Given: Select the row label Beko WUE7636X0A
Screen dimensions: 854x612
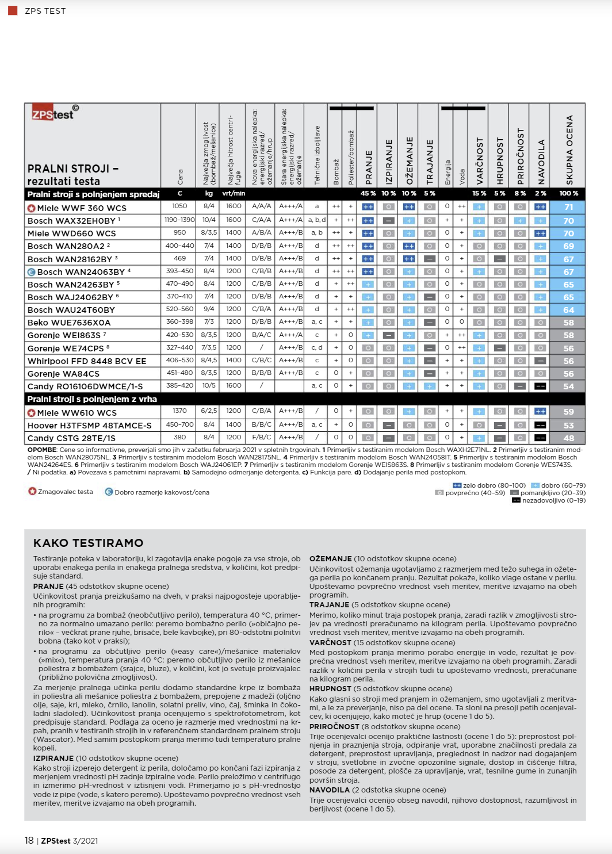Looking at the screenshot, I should pyautogui.click(x=69, y=323).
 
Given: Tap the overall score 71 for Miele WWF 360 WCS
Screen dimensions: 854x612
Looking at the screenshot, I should pyautogui.click(x=568, y=208).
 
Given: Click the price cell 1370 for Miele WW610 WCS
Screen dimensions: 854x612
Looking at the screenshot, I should pyautogui.click(x=179, y=411).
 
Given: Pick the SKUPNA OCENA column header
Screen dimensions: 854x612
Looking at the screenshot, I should pyautogui.click(x=569, y=150).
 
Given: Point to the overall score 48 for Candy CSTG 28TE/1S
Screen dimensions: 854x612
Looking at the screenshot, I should pyautogui.click(x=568, y=438).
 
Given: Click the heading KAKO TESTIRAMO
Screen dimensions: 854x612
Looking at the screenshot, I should pyautogui.click(x=89, y=543).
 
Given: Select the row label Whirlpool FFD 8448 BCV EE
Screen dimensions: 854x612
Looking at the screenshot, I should pyautogui.click(x=87, y=361).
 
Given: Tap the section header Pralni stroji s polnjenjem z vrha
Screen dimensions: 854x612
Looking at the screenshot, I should pyautogui.click(x=92, y=399).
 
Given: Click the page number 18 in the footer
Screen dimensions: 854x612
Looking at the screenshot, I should pyautogui.click(x=29, y=841).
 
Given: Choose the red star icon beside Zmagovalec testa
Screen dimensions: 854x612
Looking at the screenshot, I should pyautogui.click(x=32, y=492).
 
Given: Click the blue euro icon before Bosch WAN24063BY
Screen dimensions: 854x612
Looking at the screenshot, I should pyautogui.click(x=32, y=272).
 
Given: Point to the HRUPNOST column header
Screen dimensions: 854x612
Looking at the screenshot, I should pyautogui.click(x=500, y=160).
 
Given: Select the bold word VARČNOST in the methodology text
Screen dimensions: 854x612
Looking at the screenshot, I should pyautogui.click(x=330, y=643).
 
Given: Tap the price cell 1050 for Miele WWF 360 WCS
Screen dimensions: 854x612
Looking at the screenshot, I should pyautogui.click(x=179, y=206).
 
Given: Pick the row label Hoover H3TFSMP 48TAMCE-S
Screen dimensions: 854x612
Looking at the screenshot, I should pyautogui.click(x=89, y=426).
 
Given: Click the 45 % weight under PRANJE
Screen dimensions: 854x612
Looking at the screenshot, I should pyautogui.click(x=368, y=194).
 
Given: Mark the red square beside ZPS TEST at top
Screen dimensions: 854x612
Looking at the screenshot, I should pyautogui.click(x=13, y=10).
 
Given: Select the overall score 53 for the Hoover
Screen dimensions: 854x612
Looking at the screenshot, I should pyautogui.click(x=568, y=426).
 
